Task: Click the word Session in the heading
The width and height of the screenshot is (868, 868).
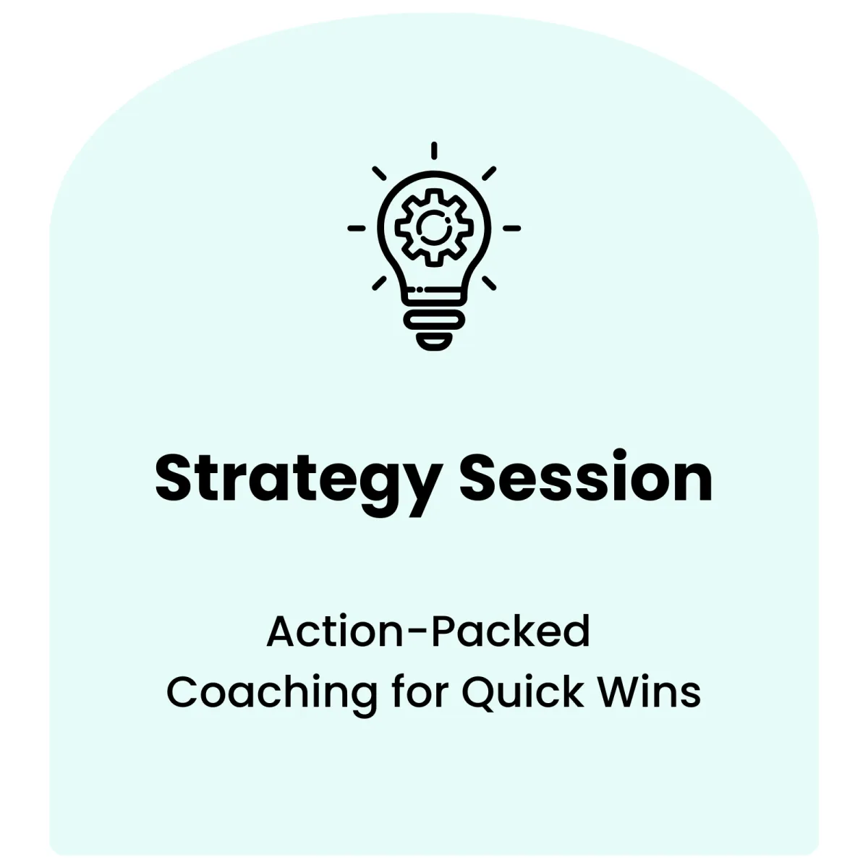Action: pyautogui.click(x=586, y=475)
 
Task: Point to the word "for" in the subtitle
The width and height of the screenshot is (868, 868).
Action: pyautogui.click(x=420, y=692)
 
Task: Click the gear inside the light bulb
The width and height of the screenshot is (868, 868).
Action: pyautogui.click(x=434, y=227)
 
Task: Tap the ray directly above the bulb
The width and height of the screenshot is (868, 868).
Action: pyautogui.click(x=434, y=150)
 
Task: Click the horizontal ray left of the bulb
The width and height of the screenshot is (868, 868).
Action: pyautogui.click(x=357, y=229)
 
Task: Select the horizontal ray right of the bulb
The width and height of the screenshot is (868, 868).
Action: pyautogui.click(x=511, y=229)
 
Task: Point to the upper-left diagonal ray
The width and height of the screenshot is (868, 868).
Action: pyautogui.click(x=379, y=174)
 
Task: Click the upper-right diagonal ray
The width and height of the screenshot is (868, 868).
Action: pyautogui.click(x=489, y=174)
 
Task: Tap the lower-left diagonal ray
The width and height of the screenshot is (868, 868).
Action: pyautogui.click(x=379, y=284)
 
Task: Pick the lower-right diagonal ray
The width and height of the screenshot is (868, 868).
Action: pyautogui.click(x=489, y=284)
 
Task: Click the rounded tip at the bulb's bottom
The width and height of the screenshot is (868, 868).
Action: pyautogui.click(x=434, y=341)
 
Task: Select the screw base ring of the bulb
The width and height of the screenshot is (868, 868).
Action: pyautogui.click(x=434, y=320)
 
